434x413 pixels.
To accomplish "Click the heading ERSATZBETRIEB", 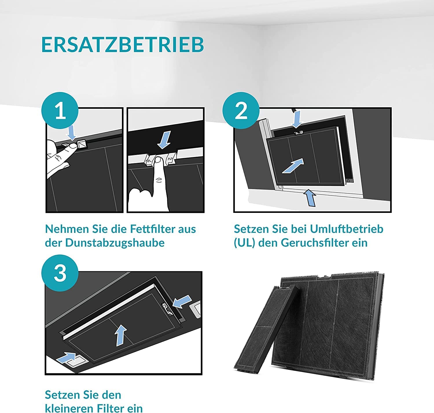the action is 122,45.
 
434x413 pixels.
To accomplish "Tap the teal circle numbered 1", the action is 60,110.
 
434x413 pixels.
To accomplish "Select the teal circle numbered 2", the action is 241,110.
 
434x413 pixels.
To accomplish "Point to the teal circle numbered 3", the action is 60,273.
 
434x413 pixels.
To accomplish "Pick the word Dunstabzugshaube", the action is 115,243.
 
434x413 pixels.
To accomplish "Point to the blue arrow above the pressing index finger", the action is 164,139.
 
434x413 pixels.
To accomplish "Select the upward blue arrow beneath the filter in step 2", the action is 310,198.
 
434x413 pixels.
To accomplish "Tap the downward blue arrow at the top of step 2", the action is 297,119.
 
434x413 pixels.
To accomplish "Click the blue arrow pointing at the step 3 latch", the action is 182,301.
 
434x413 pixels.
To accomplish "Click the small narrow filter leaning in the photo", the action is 266,329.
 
